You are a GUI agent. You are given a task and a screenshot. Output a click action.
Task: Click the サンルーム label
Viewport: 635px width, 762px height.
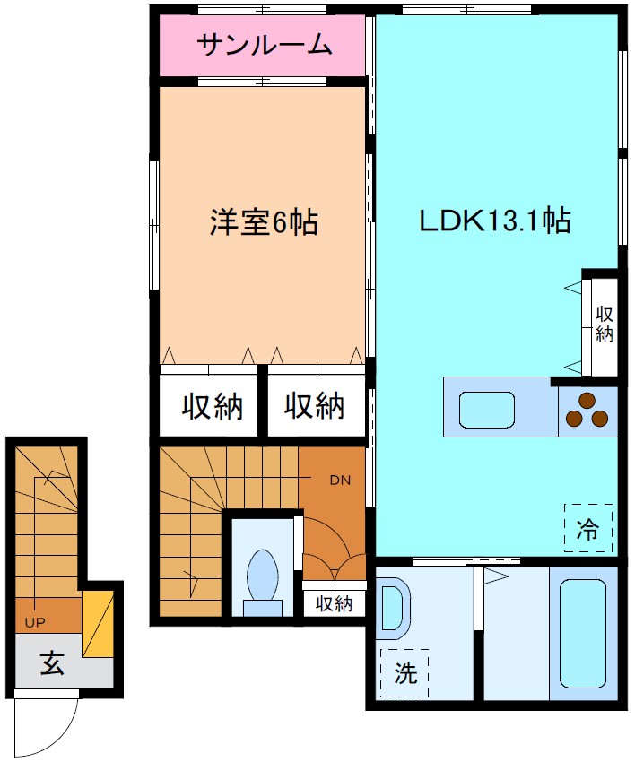264,45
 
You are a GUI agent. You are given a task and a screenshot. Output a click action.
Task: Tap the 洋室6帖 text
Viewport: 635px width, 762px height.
264,221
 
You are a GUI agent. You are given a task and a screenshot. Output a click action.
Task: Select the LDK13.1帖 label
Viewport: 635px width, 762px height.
495,221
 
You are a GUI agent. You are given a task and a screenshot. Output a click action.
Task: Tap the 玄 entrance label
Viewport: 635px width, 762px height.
51,665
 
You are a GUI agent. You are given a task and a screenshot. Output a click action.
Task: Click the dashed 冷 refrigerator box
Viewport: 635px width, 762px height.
587,529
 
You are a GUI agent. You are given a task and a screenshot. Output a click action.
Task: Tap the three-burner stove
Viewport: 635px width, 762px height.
588,411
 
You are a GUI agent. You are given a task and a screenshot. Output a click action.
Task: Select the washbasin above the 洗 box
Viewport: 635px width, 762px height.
392,609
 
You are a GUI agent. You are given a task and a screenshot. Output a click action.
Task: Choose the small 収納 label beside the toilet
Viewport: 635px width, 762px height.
333,603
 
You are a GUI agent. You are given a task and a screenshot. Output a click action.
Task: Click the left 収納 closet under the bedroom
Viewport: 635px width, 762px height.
213,407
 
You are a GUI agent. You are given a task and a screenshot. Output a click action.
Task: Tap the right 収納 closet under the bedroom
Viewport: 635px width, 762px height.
315,407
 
